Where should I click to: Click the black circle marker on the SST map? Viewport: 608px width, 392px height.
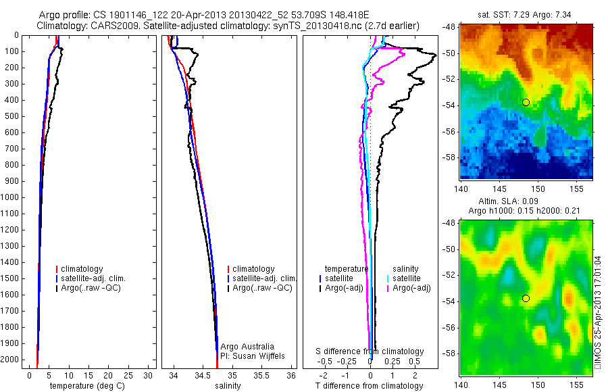coord(526,102)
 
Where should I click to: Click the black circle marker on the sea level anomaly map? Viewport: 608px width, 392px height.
coord(526,298)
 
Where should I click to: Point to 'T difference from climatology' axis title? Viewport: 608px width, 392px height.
coord(369,386)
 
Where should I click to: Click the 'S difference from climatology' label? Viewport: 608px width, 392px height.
coord(370,351)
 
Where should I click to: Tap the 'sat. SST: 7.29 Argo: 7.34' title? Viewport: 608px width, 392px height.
coord(526,14)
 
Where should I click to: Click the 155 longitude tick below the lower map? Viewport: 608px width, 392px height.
coord(576,385)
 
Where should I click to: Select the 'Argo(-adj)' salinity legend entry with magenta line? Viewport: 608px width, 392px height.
coord(413,288)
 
